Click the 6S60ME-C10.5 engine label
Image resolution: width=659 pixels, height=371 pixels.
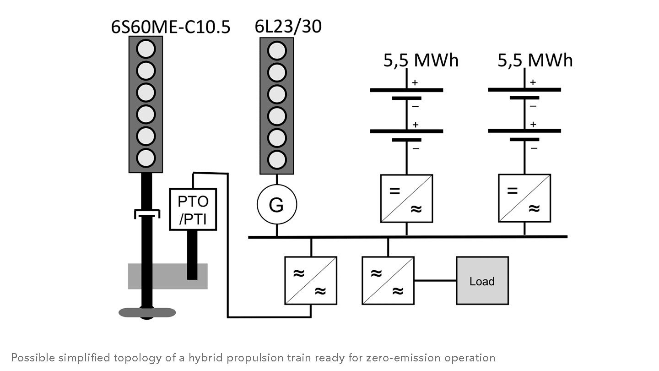coord(171,27)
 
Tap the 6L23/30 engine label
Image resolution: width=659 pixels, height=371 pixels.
coord(288,26)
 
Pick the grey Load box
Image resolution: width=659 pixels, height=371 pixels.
coord(482,281)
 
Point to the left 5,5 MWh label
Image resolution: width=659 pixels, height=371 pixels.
coord(421,60)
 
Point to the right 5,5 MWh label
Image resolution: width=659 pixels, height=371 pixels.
coord(535,60)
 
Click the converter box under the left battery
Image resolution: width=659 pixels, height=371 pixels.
coord(406,198)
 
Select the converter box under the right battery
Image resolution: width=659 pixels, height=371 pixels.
coord(524,198)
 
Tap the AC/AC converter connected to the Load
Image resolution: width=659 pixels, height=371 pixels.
coord(388,281)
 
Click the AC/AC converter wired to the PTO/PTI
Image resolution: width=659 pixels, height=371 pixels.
coord(311,281)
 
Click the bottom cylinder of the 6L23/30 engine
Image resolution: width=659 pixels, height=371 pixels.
coord(276,159)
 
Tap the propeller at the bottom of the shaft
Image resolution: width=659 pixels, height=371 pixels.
coord(147,313)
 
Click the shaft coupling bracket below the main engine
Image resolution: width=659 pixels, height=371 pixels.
coord(147,213)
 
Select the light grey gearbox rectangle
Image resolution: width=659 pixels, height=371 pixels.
coord(167,276)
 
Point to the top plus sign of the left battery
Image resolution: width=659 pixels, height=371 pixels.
coord(416,83)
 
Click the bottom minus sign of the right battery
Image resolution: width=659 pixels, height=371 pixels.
coord(534,148)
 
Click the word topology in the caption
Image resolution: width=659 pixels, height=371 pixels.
coord(137,358)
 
